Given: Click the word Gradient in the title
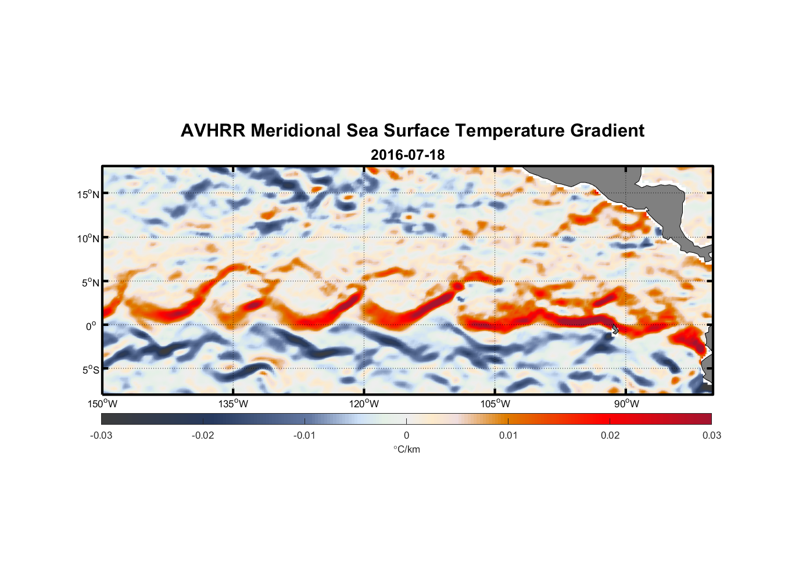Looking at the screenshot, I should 607,131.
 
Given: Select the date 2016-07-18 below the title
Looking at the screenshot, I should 407,155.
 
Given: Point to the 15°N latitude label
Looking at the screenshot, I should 88,194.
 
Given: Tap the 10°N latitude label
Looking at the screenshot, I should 88,238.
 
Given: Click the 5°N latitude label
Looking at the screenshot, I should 89,282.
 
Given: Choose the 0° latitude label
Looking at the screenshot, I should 91,326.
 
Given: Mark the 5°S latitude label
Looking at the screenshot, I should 89,370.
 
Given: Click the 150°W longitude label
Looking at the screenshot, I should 102,404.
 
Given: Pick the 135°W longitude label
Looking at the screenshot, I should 233,404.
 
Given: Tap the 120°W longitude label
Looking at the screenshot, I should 364,404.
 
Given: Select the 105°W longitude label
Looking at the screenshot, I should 495,404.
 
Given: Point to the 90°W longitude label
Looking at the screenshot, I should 626,404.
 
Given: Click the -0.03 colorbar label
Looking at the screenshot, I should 101,435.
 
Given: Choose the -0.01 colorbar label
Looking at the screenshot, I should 305,435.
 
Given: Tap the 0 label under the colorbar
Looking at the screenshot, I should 406,435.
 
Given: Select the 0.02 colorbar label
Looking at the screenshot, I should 610,435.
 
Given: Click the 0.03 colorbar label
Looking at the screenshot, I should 711,435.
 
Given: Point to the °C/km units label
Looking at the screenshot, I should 406,449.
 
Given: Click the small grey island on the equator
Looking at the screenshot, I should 615,329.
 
